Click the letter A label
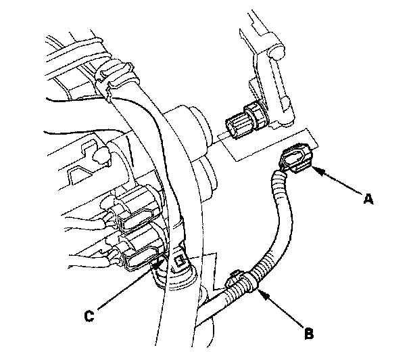(x=368, y=199)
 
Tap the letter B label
(x=309, y=332)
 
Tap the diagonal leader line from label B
(x=284, y=311)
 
